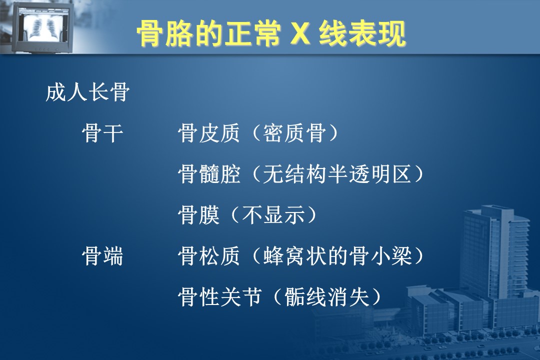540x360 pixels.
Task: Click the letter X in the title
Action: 300,34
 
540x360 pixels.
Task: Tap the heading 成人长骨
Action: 87,92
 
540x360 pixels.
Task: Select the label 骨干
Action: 102,133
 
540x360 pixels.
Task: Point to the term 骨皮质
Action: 208,133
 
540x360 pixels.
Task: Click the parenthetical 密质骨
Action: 294,133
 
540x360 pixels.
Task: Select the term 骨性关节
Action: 219,296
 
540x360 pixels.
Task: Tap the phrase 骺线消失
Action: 326,296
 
